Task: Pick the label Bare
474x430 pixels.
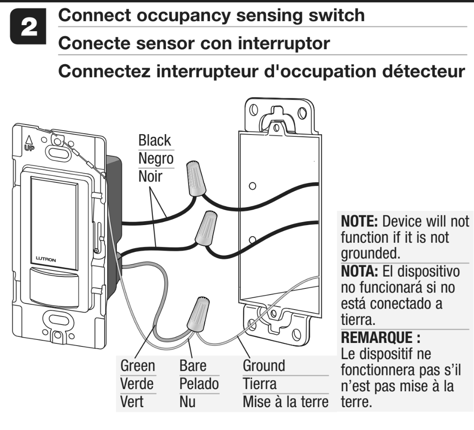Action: [193, 366]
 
